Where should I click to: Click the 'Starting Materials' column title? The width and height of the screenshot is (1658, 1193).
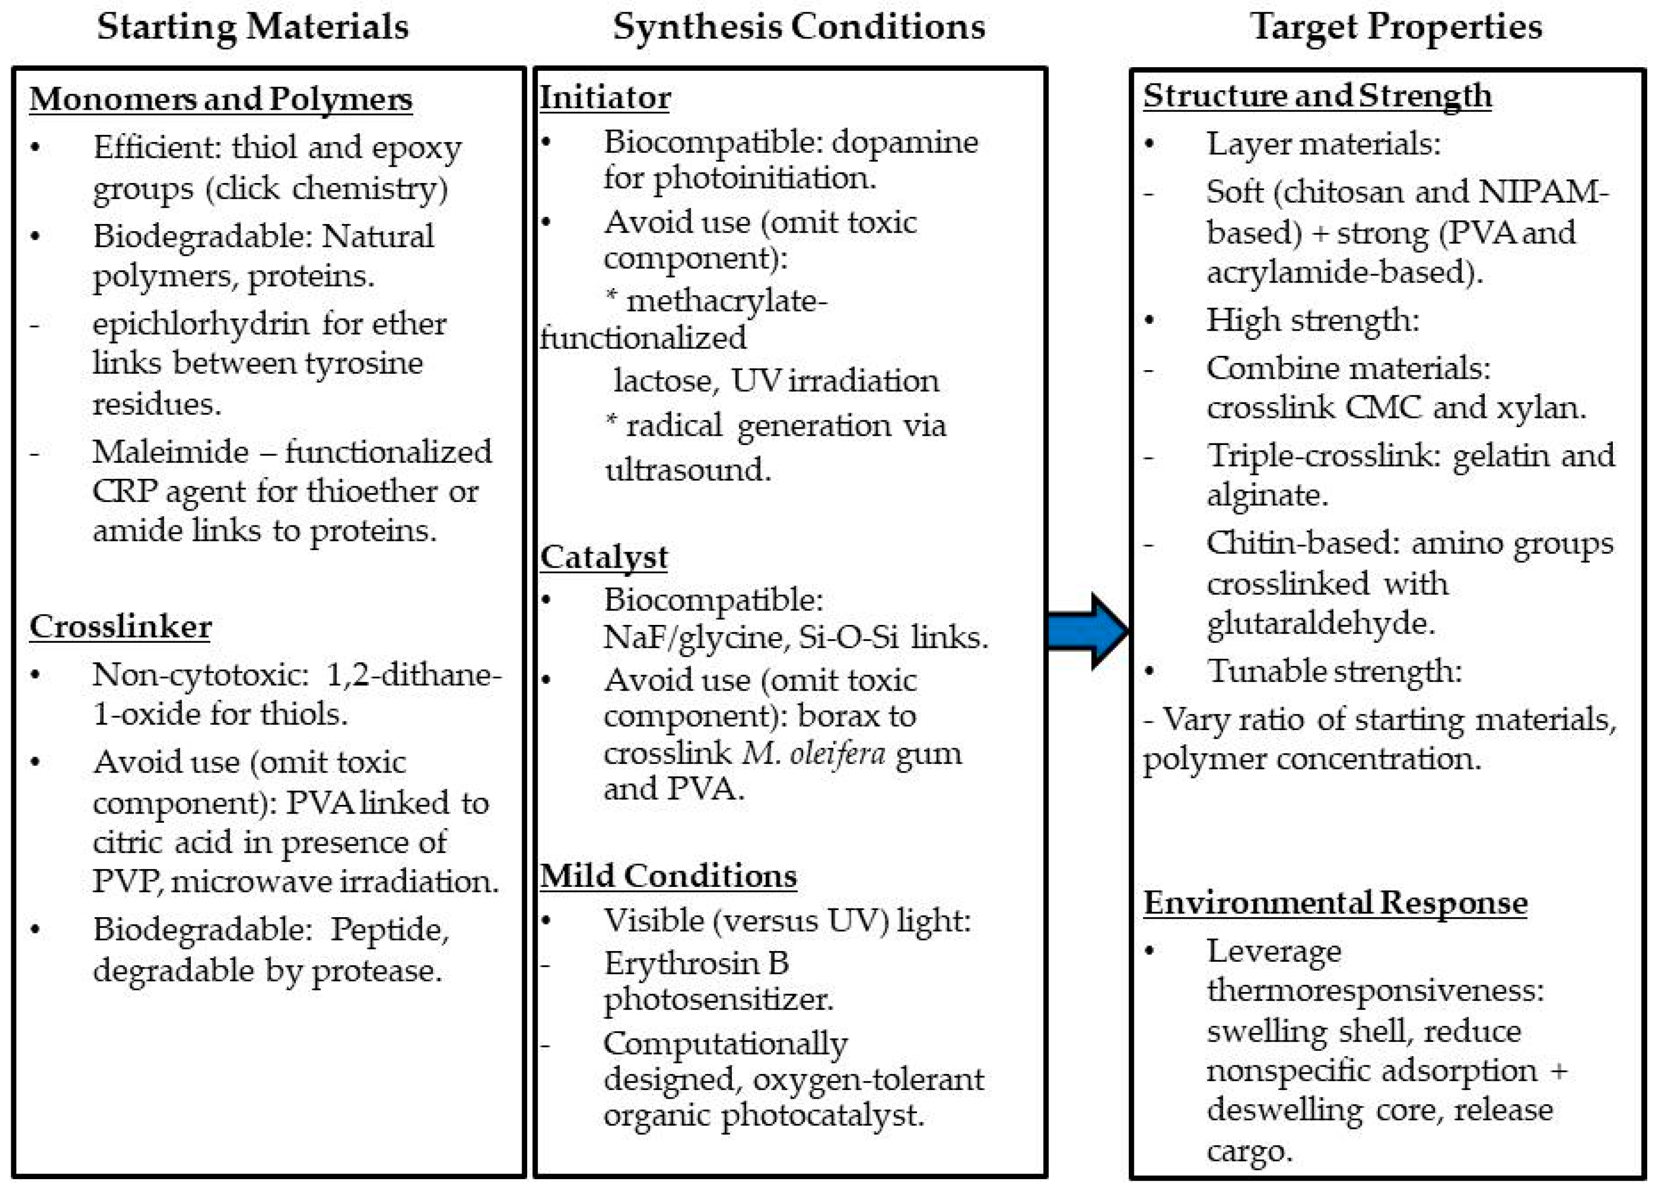click(x=252, y=27)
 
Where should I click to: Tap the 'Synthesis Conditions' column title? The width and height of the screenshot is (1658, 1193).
click(x=798, y=27)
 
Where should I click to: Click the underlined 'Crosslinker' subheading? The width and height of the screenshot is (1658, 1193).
click(x=121, y=626)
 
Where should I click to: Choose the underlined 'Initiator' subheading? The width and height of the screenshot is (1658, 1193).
click(x=605, y=98)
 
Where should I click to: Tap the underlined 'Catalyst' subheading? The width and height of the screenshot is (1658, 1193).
click(x=603, y=557)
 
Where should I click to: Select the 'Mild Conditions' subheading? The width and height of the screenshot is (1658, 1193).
click(x=668, y=876)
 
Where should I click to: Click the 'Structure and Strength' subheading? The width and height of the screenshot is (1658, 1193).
click(x=1317, y=96)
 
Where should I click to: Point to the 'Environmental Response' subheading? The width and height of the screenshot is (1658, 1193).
click(x=1335, y=903)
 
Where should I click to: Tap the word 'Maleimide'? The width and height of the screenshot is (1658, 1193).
click(x=170, y=452)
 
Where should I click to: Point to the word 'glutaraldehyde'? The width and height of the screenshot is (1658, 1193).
click(x=1320, y=623)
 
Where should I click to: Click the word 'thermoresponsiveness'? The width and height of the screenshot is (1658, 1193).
click(x=1375, y=991)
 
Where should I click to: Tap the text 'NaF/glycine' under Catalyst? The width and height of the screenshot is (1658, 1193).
click(x=694, y=637)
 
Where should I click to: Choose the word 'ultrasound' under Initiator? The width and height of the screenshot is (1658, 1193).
click(x=687, y=469)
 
